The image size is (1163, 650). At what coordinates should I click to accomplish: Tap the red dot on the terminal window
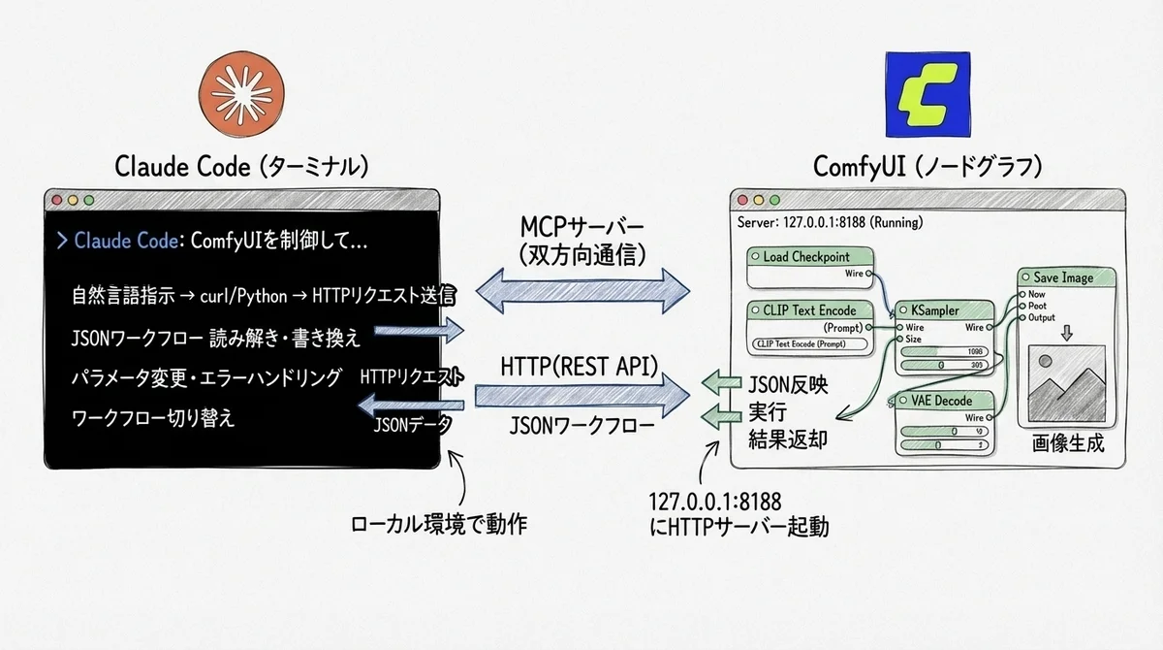click(57, 201)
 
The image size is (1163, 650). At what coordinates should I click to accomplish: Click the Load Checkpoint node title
click(805, 257)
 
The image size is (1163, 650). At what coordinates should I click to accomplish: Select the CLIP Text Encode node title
click(810, 310)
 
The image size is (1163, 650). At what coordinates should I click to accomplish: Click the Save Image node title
click(1062, 277)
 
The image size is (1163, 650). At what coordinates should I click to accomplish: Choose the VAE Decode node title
click(941, 401)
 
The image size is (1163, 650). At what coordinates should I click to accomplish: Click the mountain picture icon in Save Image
click(1065, 383)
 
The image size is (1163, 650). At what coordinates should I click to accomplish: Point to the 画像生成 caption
click(1067, 443)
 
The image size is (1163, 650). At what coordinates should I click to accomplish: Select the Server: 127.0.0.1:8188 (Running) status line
click(830, 221)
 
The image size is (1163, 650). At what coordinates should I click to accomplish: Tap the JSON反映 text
click(788, 383)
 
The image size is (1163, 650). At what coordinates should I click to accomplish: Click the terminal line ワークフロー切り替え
click(153, 419)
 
